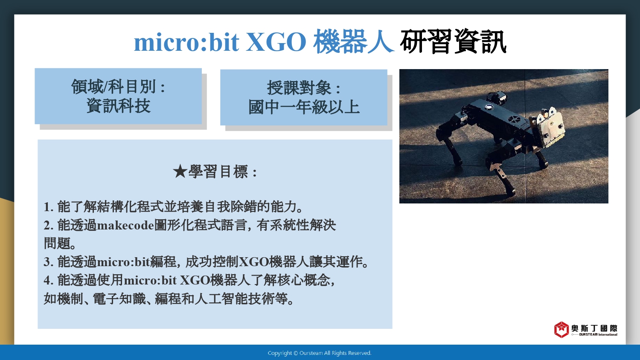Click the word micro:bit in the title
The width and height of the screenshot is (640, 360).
[x=186, y=42]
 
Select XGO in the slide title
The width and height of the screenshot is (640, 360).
[x=276, y=42]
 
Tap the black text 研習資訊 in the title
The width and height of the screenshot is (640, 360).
[x=453, y=41]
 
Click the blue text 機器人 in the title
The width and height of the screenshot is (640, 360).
[x=354, y=41]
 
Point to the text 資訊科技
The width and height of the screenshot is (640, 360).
[x=118, y=106]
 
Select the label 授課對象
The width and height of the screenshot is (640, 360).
[x=300, y=88]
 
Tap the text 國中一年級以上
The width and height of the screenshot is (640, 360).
[x=304, y=107]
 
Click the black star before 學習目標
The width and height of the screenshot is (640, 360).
[x=180, y=172]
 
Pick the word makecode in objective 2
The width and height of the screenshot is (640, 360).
[x=126, y=226]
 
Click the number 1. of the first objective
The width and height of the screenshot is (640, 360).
[x=49, y=207]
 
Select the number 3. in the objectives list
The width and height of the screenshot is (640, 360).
[x=49, y=262]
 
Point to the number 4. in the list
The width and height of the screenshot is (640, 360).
[x=49, y=280]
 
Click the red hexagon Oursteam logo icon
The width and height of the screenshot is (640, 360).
[x=561, y=329]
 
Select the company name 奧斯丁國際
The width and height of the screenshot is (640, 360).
[x=594, y=328]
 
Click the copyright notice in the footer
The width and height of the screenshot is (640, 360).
[x=320, y=353]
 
